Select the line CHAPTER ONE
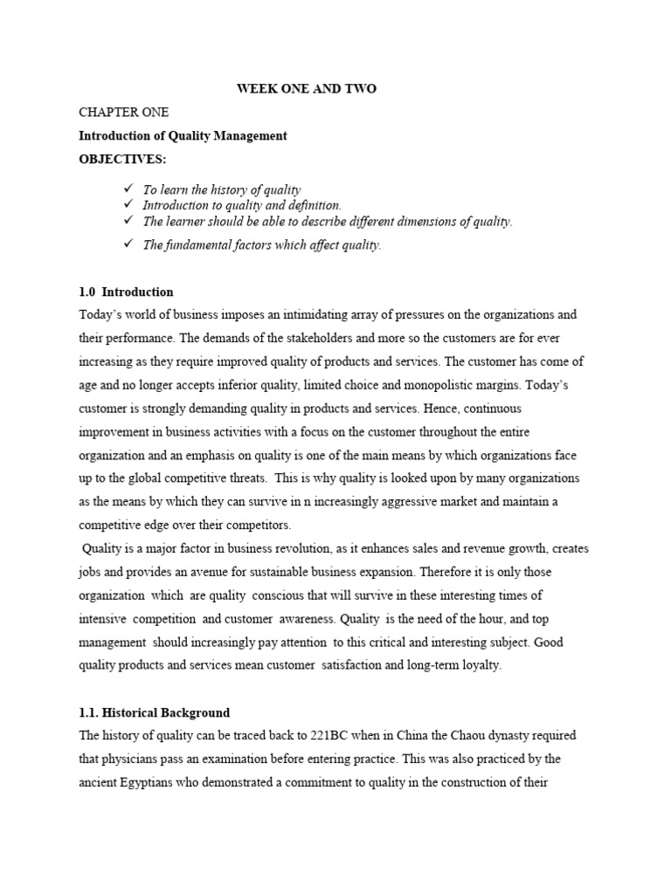123,113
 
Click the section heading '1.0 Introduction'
126,292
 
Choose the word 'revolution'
323,548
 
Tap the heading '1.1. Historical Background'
154,712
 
